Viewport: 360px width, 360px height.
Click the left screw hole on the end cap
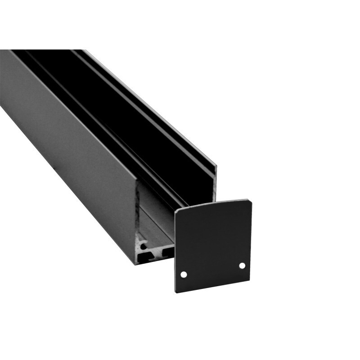coord(184,274)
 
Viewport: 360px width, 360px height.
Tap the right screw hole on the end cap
coord(242,265)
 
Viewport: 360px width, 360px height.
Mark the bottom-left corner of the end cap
coord(176,292)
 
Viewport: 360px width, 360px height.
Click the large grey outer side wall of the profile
coord(67,148)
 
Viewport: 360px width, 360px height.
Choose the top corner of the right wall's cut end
coord(216,166)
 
